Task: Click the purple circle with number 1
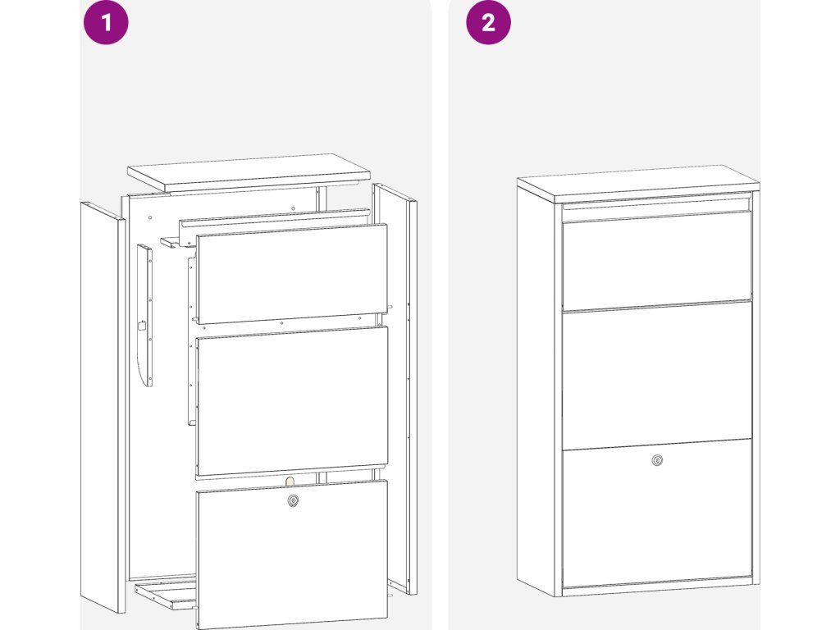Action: point(106,22)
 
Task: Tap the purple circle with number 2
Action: point(488,22)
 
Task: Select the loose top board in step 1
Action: point(249,172)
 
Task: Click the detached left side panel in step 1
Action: point(103,406)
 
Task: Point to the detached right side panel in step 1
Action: point(395,388)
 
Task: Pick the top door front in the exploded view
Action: point(292,274)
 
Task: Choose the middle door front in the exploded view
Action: point(292,400)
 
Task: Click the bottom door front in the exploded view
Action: point(292,554)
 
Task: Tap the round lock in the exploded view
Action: point(293,500)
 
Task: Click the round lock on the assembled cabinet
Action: point(657,460)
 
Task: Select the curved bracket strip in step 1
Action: point(144,316)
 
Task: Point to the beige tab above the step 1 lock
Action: point(290,481)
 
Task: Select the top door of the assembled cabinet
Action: point(657,262)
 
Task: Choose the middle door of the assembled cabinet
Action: point(657,376)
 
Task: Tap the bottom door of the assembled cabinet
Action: point(657,513)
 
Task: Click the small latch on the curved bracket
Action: point(142,325)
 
